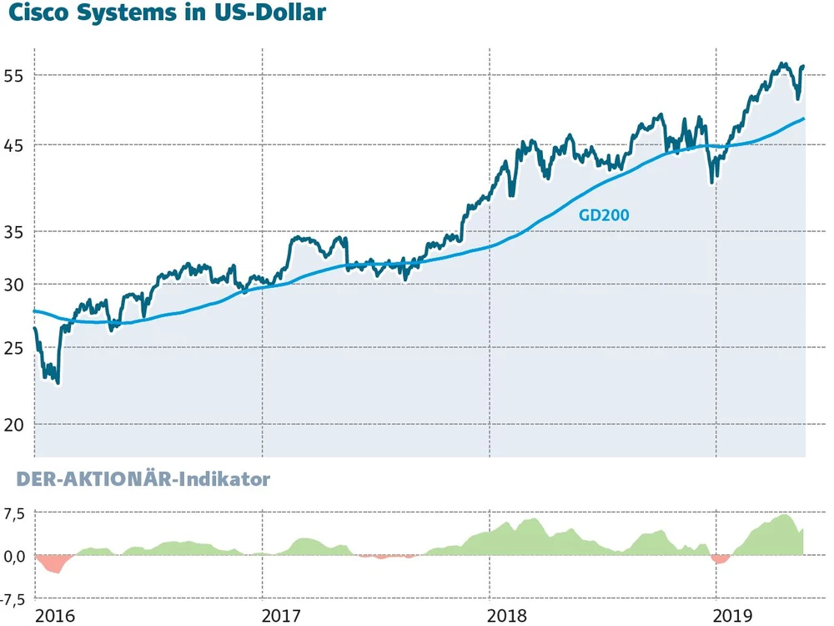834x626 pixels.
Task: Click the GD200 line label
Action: coord(604,215)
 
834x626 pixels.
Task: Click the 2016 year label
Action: coord(56,616)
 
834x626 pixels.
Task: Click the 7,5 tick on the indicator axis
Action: coord(15,513)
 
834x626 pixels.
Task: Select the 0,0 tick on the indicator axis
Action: coord(15,556)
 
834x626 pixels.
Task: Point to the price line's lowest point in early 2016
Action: coord(57,383)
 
